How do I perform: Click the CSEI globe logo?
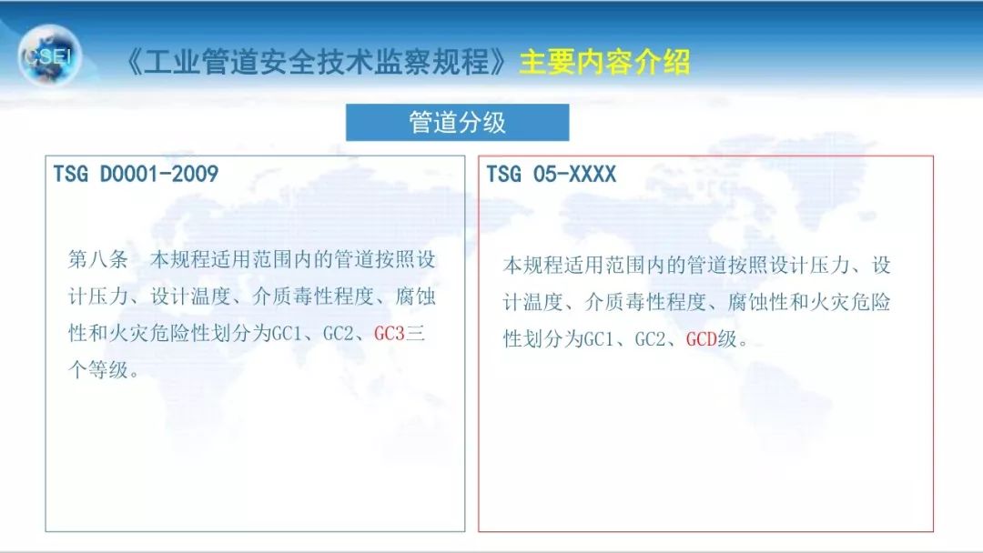pyautogui.click(x=49, y=55)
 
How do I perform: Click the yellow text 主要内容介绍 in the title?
pyautogui.click(x=604, y=62)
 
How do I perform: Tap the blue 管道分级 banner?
pyautogui.click(x=457, y=123)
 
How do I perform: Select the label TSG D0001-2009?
pyautogui.click(x=136, y=174)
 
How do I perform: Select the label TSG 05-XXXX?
pyautogui.click(x=552, y=174)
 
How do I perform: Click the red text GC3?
pyautogui.click(x=389, y=334)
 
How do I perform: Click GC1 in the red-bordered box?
pyautogui.click(x=598, y=339)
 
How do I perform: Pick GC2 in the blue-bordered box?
pyautogui.click(x=338, y=334)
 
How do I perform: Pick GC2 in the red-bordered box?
pyautogui.click(x=650, y=339)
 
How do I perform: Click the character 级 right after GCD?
pyautogui.click(x=726, y=339)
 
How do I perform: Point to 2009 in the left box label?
pyautogui.click(x=196, y=174)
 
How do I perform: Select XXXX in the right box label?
pyautogui.click(x=593, y=174)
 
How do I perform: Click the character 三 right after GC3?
pyautogui.click(x=415, y=334)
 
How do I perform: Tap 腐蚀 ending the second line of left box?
pyautogui.click(x=415, y=297)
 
